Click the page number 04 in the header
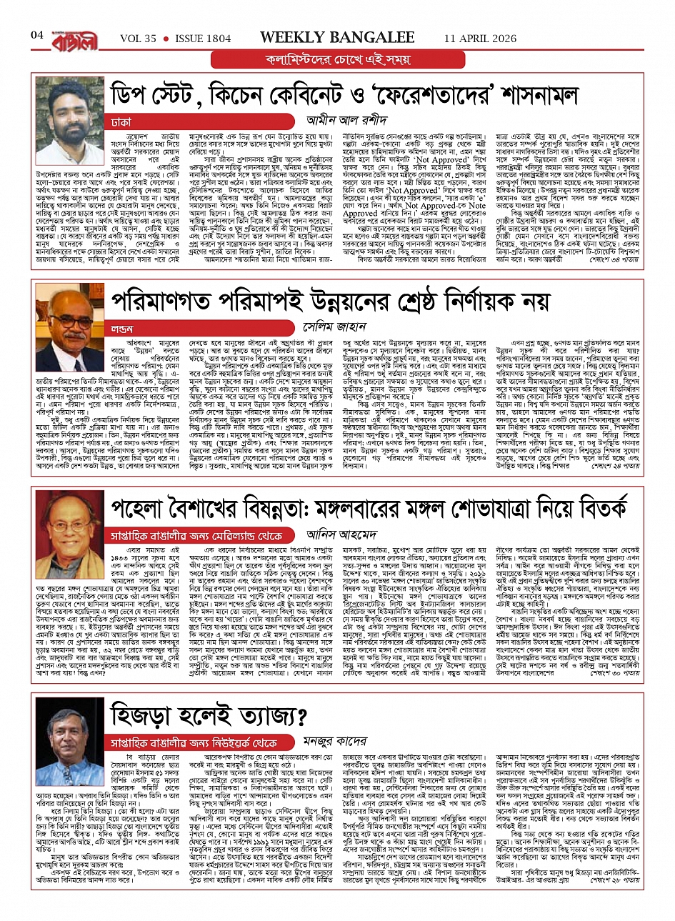pyautogui.click(x=37, y=35)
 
